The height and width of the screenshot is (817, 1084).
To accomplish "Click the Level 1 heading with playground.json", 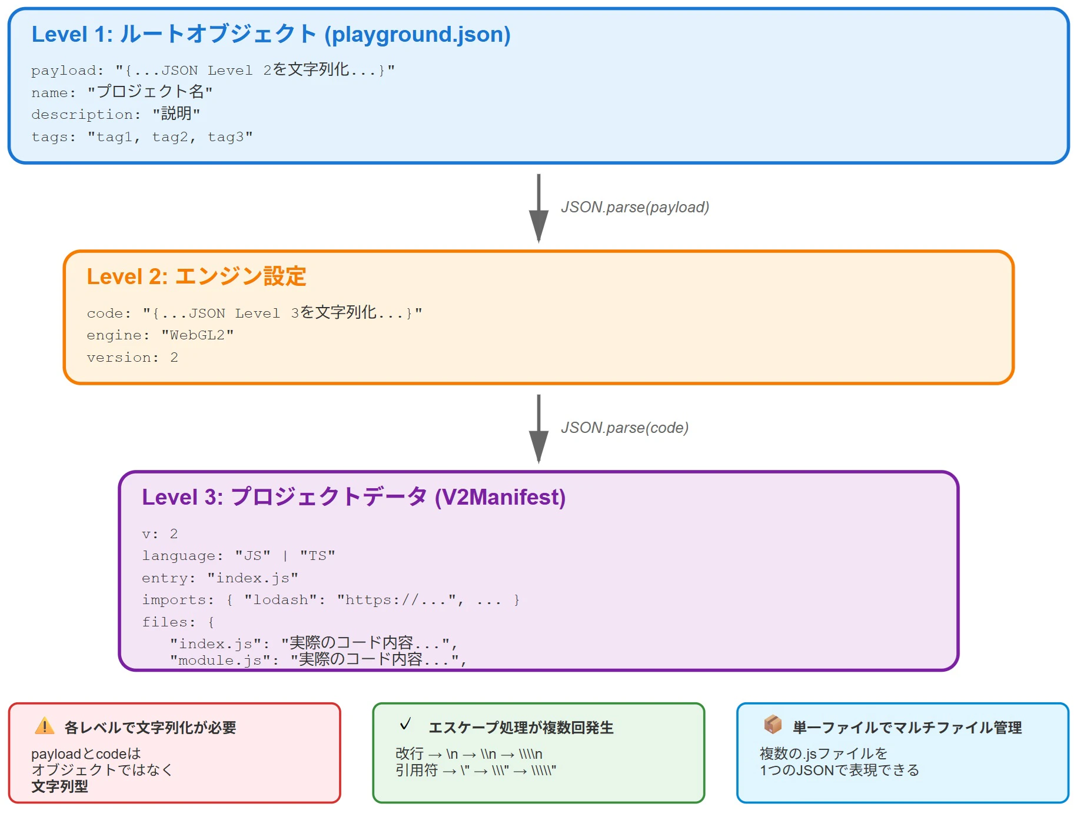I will (x=271, y=34).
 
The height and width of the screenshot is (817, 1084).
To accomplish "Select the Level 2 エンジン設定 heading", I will (x=196, y=276).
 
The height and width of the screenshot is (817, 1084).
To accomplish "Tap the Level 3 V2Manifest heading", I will (x=353, y=497).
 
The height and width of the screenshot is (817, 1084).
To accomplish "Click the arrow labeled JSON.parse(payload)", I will (x=538, y=208).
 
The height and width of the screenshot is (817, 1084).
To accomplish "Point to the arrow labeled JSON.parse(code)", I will (x=538, y=429).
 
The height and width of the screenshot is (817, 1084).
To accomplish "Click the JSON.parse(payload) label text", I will (x=634, y=207).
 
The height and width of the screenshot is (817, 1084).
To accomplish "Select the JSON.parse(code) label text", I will (x=624, y=428).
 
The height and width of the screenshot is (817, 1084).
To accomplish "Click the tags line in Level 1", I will (x=142, y=137).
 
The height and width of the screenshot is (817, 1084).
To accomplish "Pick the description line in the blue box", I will (x=115, y=114).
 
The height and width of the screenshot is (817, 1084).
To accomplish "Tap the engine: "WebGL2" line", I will (x=160, y=335).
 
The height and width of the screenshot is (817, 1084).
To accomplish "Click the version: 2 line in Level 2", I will (x=132, y=358).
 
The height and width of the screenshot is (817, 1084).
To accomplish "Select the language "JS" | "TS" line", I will (x=238, y=556).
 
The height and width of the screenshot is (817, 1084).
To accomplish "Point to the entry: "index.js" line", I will (x=220, y=578).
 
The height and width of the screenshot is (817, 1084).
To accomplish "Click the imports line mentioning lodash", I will (x=330, y=600).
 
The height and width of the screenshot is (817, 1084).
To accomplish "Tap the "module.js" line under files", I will (x=318, y=660).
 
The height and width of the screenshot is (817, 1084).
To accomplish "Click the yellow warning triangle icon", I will (x=45, y=726).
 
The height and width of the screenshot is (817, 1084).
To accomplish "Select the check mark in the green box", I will (x=405, y=724).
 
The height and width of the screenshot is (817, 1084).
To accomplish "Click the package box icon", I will (x=773, y=725).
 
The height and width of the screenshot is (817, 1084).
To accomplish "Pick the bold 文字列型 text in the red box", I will (x=59, y=786).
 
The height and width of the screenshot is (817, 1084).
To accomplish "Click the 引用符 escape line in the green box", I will (x=476, y=771).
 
